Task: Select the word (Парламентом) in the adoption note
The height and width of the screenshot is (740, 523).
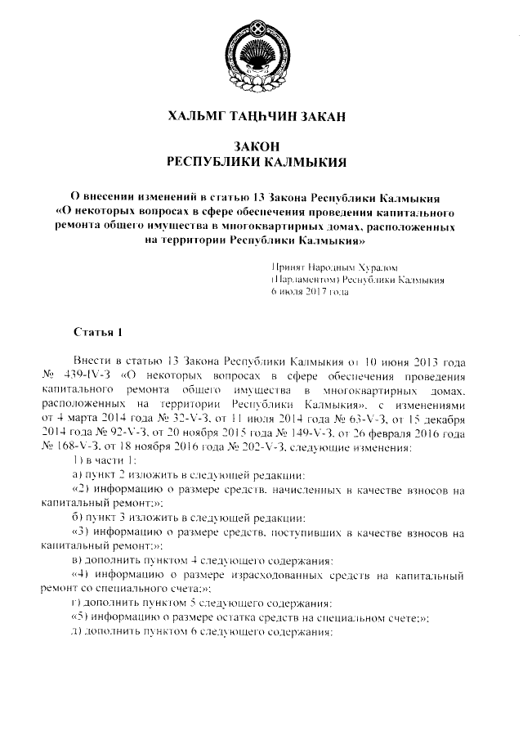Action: (x=306, y=279)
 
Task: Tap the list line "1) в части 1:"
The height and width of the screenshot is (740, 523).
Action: (x=101, y=462)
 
